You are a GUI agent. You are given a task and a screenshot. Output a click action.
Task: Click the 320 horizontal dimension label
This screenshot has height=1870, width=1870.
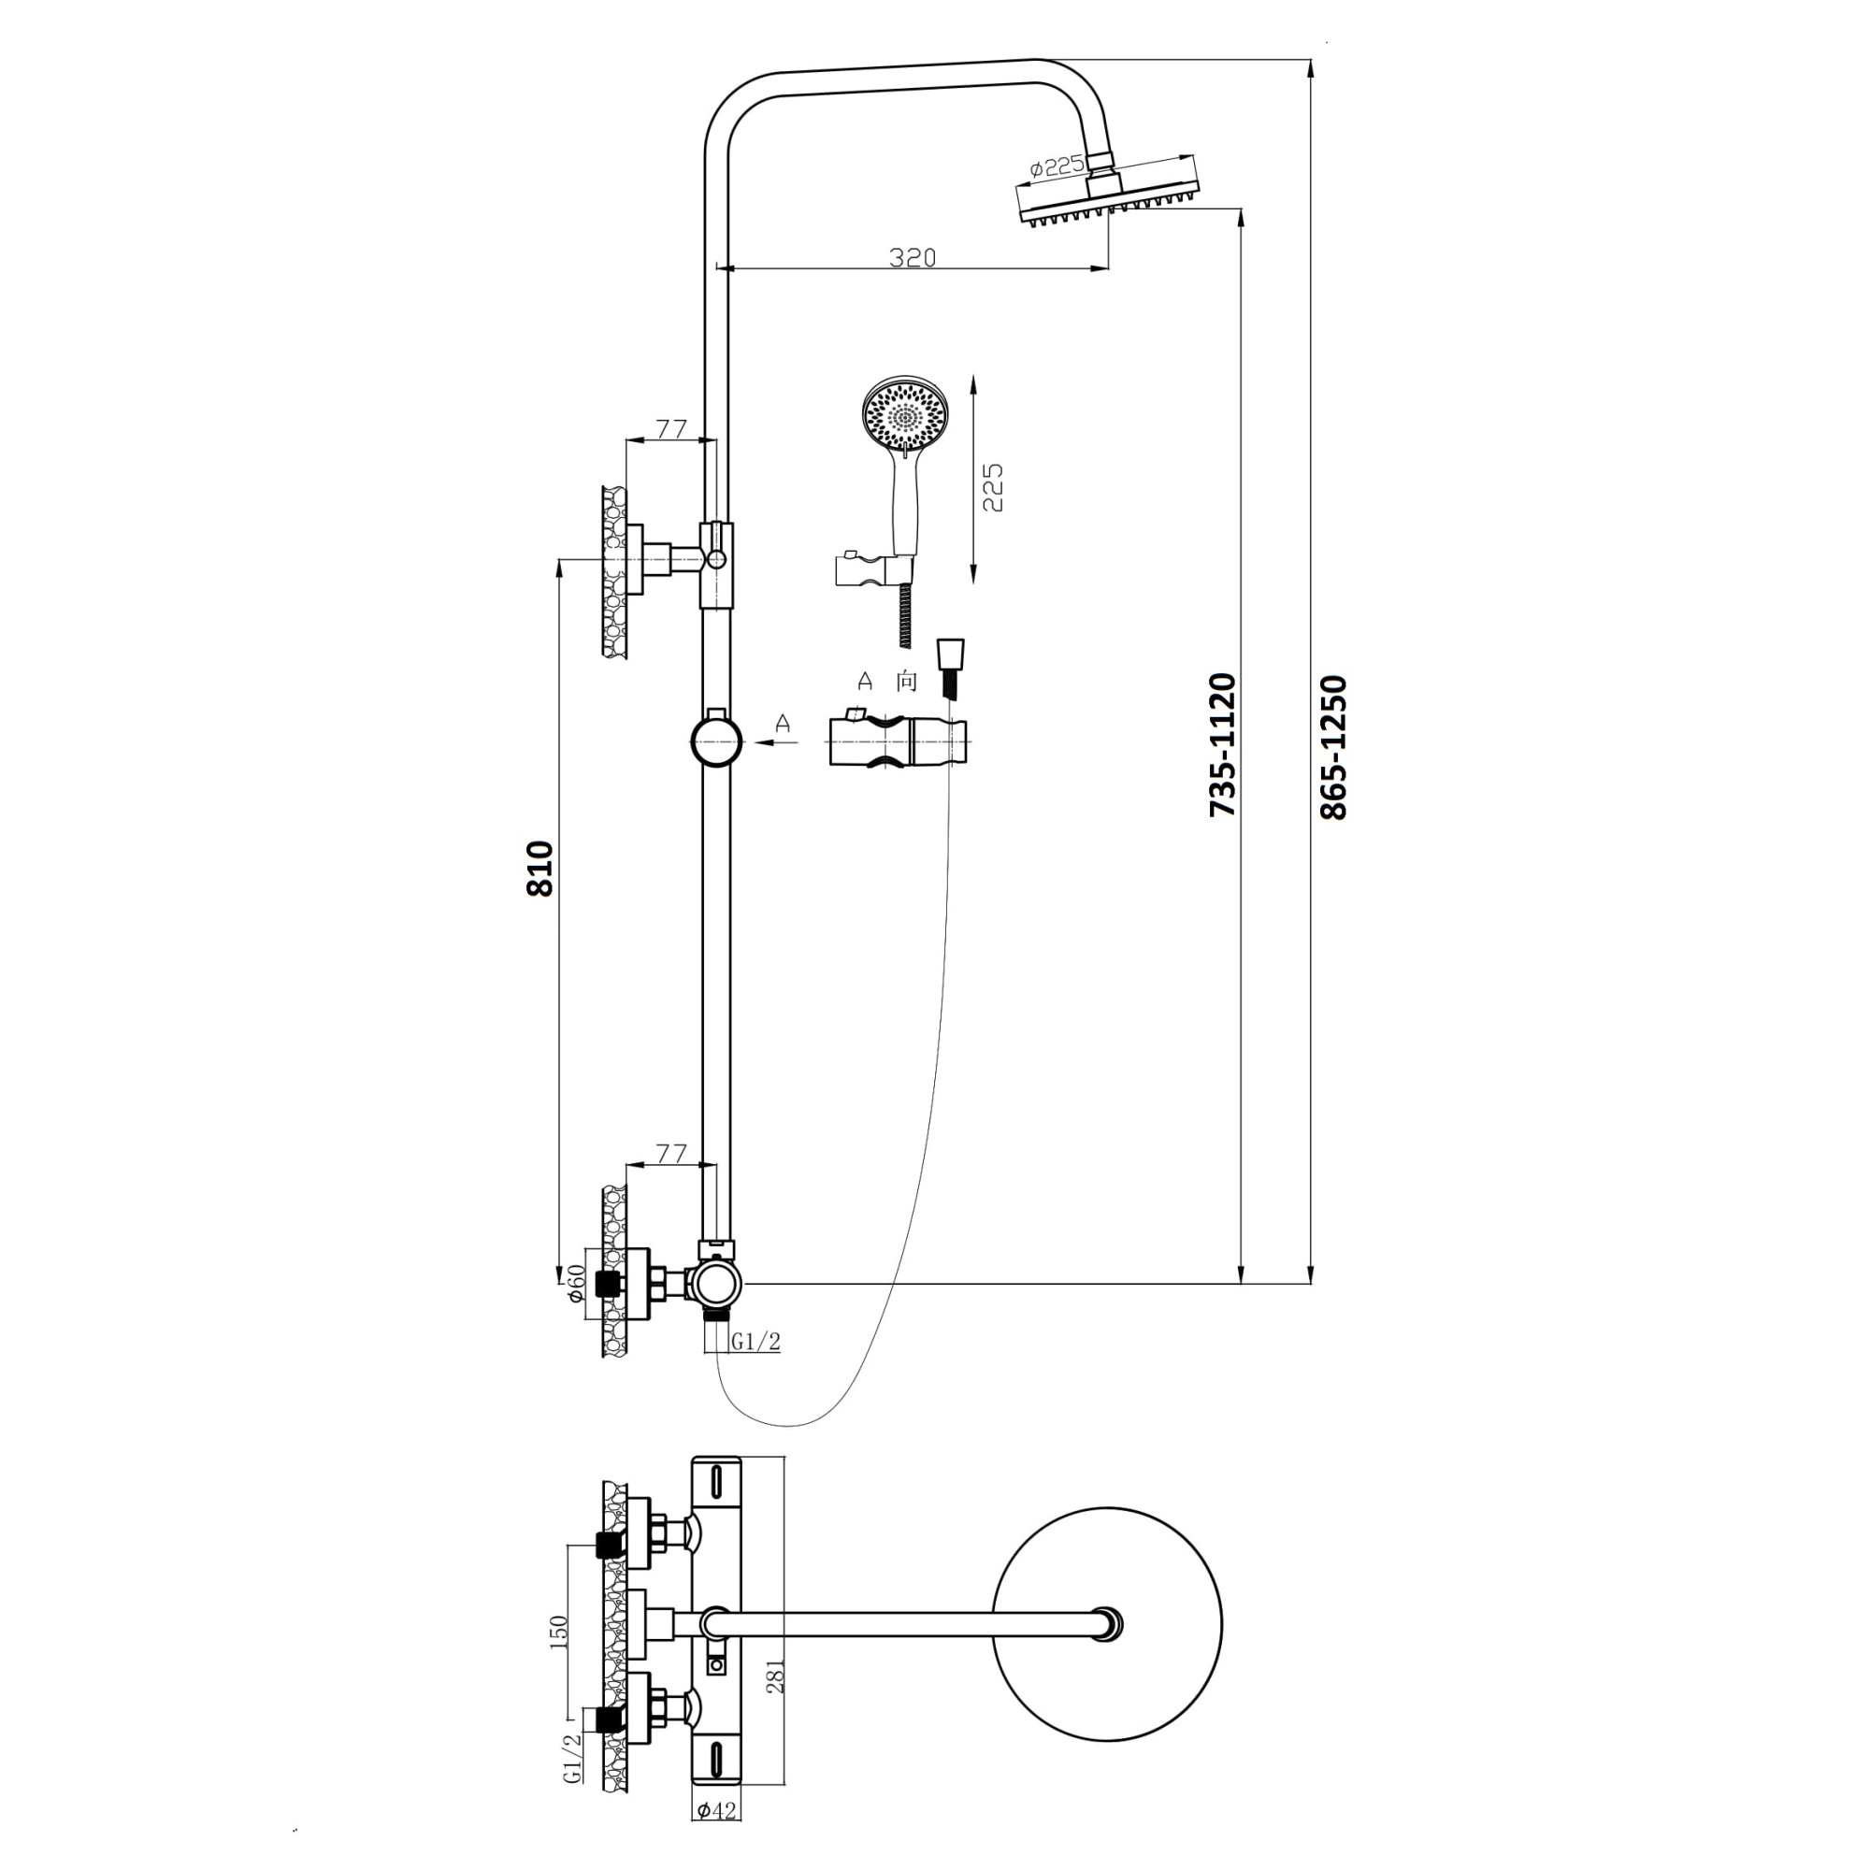tap(913, 257)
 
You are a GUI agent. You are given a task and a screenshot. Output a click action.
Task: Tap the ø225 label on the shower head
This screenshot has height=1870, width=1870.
tap(1057, 166)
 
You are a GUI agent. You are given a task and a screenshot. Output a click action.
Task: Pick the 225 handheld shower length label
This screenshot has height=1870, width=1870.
tap(992, 487)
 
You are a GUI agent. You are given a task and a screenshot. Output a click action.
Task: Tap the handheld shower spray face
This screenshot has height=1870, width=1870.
tap(906, 416)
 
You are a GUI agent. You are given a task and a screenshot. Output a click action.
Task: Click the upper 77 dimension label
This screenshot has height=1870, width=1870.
tap(670, 428)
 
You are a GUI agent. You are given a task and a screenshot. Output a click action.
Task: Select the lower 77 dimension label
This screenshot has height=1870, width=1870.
tap(670, 1153)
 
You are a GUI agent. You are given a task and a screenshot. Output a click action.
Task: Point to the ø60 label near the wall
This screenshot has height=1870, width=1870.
tap(575, 1284)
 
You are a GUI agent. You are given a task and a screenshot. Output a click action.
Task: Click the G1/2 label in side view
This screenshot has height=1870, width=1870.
tap(755, 1341)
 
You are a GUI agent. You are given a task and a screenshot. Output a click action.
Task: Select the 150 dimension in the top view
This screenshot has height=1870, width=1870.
tap(558, 1632)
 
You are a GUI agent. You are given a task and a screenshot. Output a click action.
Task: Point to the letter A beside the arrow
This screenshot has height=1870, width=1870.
tap(783, 723)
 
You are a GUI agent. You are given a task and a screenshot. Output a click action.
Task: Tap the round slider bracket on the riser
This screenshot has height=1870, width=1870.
tap(716, 741)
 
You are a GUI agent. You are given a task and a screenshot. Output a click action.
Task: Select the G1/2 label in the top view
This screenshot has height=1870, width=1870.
tap(573, 1786)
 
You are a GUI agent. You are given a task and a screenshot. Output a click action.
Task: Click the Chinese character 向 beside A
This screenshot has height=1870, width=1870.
tap(906, 682)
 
